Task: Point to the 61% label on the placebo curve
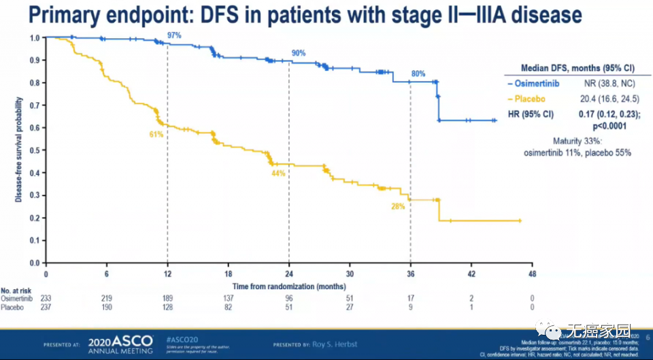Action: [x=156, y=134]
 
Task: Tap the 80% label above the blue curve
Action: [x=418, y=73]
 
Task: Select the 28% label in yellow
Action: [x=398, y=206]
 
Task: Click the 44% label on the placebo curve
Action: [x=278, y=174]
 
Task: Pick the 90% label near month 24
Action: [x=299, y=53]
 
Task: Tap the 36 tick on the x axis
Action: [x=409, y=274]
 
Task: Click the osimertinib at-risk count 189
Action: [x=167, y=299]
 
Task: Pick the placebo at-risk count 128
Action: [x=167, y=308]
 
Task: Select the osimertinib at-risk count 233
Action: [x=46, y=299]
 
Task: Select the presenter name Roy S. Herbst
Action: [x=335, y=344]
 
